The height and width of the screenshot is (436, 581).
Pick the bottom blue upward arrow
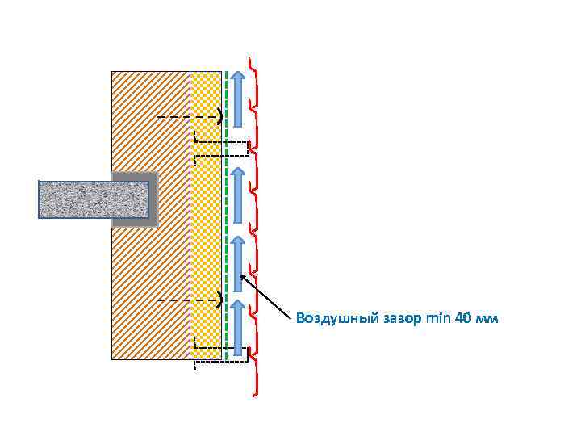pos(238,328)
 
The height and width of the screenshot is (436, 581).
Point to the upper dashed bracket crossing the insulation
pos(221,149)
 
